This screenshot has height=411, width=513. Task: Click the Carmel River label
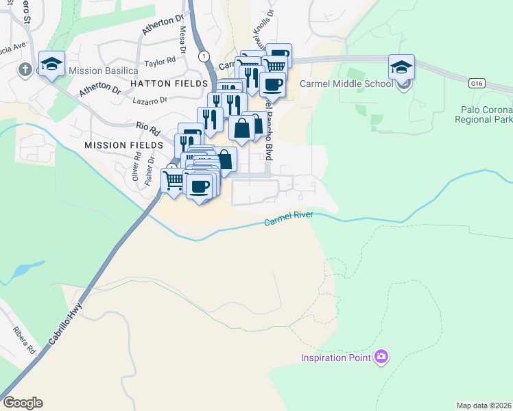point(289,219)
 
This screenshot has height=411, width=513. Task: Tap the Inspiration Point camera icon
point(382,357)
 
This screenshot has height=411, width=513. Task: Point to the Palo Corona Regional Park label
point(484,114)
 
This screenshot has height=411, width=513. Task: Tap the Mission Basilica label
point(95,71)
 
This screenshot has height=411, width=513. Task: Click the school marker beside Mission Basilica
point(51,64)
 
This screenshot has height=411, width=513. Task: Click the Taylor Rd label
point(160,62)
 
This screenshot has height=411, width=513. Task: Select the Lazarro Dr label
point(150,100)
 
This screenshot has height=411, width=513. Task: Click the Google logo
point(23,403)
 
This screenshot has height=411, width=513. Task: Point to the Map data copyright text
point(484,406)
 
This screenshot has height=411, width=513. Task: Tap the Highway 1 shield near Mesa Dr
point(203,55)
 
